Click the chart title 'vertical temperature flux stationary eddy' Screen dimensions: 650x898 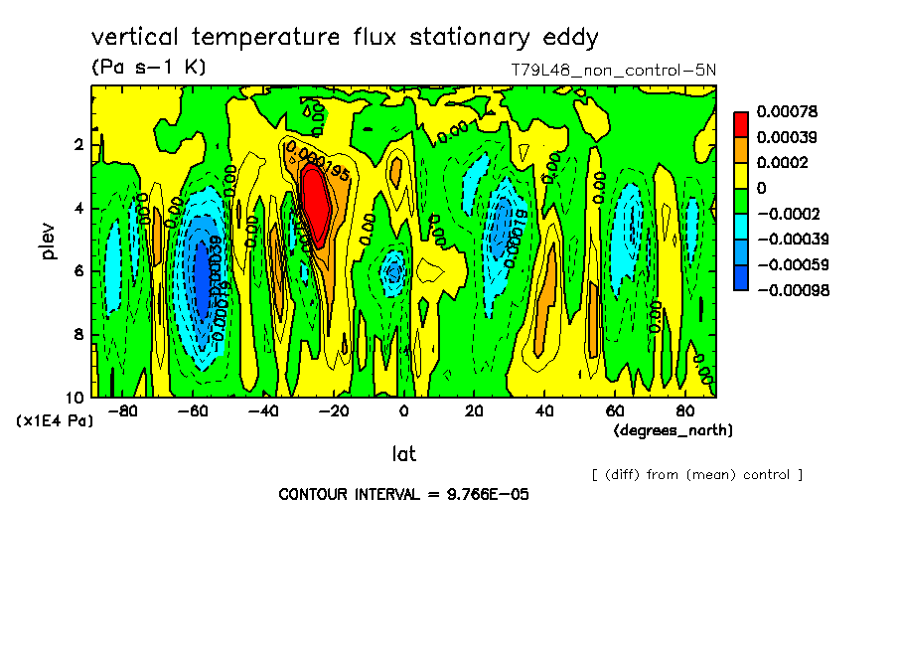coord(345,39)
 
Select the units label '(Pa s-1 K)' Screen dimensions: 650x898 coord(148,69)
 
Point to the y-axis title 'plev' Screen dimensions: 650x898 coord(49,241)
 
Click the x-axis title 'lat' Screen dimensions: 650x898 coord(402,454)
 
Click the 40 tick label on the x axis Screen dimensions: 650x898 coord(544,411)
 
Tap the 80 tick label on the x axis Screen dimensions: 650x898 coord(684,411)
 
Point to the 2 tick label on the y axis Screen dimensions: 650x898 coord(76,145)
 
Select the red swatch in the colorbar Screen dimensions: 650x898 coord(741,124)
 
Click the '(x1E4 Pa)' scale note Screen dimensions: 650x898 coord(55,421)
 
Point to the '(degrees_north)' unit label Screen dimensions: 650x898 coord(673,430)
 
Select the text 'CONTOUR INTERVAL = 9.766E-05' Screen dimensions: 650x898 coord(403,494)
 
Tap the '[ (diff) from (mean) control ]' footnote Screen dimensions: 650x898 coord(696,474)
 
